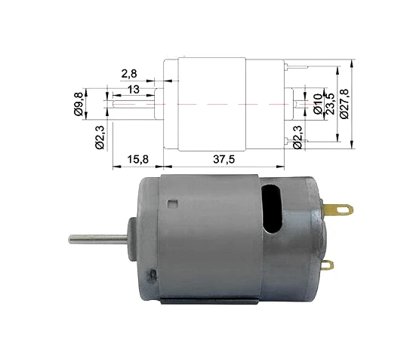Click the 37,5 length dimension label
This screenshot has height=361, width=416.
click(x=224, y=159)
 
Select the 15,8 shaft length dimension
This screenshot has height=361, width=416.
click(x=137, y=159)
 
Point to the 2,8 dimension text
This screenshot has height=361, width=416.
click(x=129, y=74)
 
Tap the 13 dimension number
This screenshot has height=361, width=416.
click(x=134, y=90)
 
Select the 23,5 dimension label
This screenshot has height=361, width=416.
click(x=330, y=103)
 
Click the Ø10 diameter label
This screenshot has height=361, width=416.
click(x=318, y=103)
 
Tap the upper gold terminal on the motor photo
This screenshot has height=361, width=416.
click(x=338, y=210)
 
